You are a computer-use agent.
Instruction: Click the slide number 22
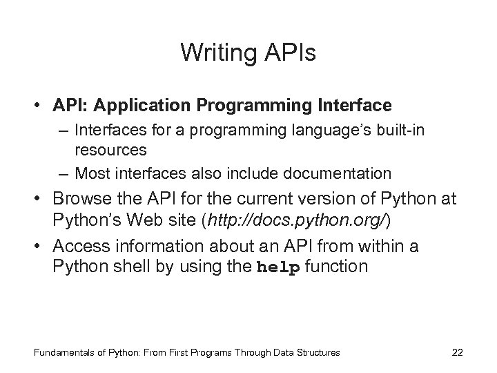tap(456, 352)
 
